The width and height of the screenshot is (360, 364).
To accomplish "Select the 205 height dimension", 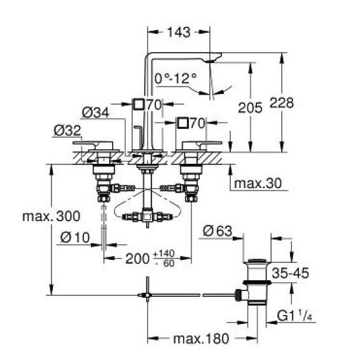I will click(250, 108).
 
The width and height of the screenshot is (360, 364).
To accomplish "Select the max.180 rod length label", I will click(198, 339).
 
